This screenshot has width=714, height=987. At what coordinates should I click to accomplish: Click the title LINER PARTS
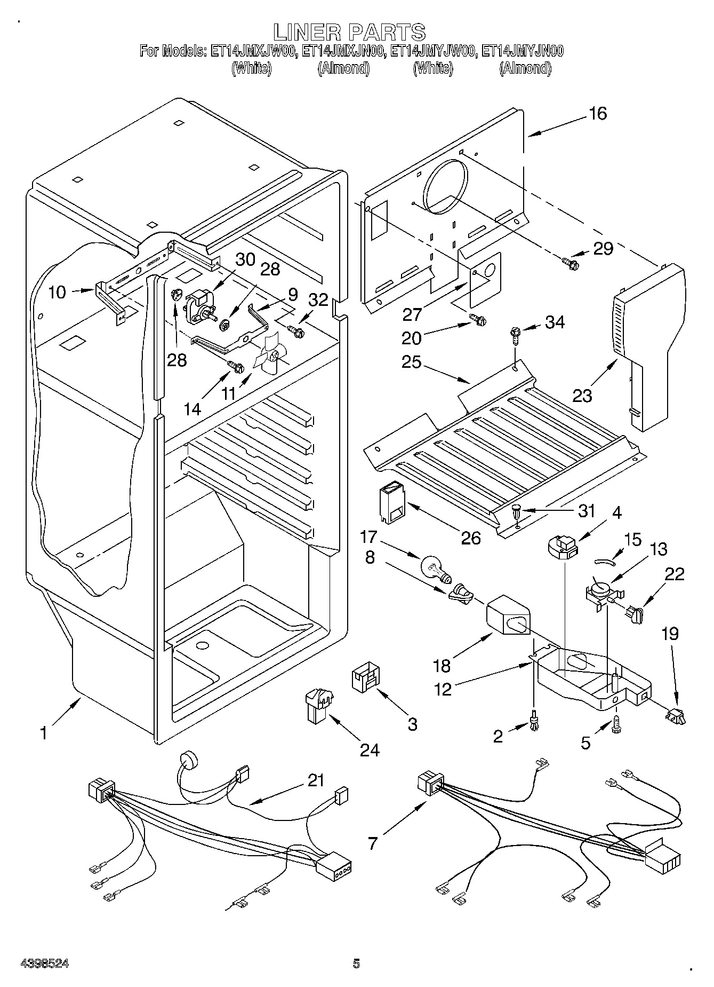pos(350,31)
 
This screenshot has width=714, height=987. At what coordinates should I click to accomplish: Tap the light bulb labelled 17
pos(437,568)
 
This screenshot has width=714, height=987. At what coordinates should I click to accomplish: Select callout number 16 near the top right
pos(599,113)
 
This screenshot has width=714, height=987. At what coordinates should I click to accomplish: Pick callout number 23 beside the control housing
pos(583,396)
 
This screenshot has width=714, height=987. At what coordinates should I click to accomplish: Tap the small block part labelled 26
pos(391,502)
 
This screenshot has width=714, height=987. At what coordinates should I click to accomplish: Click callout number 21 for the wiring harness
pos(316,780)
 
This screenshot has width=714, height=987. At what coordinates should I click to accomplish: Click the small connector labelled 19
pos(676,715)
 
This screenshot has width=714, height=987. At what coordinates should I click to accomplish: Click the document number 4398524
pos(45,964)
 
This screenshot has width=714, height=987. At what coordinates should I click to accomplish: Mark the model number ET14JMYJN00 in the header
pos(522,51)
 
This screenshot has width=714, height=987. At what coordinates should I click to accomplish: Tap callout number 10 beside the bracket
pos(57,292)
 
